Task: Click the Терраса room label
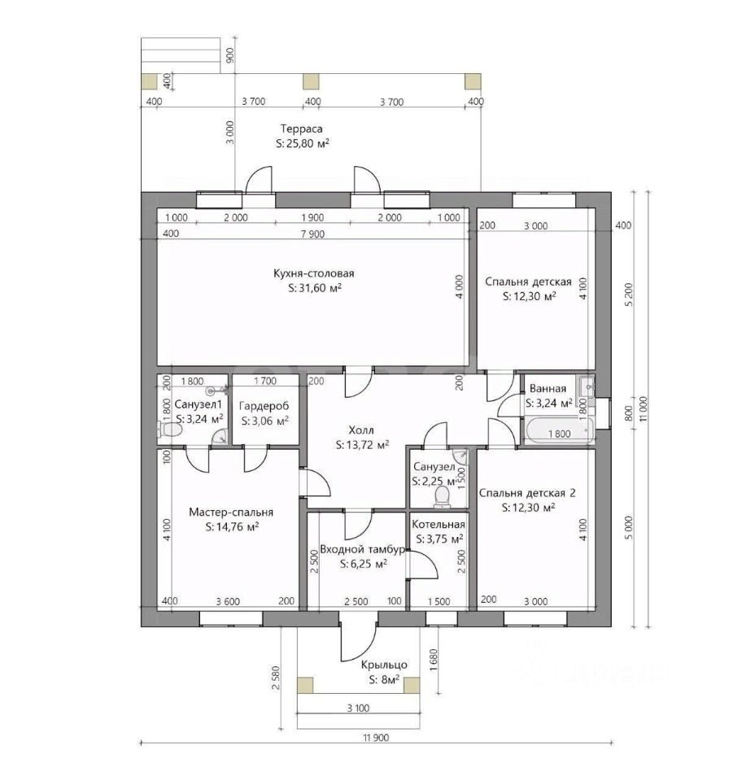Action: pyautogui.click(x=301, y=129)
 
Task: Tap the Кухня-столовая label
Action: pyautogui.click(x=314, y=273)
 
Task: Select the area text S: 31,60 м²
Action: pyautogui.click(x=315, y=288)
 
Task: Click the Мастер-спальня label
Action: pyautogui.click(x=231, y=512)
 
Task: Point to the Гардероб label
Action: pyautogui.click(x=264, y=406)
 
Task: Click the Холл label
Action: pyautogui.click(x=361, y=430)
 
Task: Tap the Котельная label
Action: pyautogui.click(x=439, y=525)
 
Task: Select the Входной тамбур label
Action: pyautogui.click(x=362, y=550)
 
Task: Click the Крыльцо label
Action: pyautogui.click(x=384, y=665)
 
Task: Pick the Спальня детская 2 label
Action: pyautogui.click(x=527, y=493)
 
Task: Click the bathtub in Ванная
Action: pyautogui.click(x=559, y=431)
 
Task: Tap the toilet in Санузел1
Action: pyautogui.click(x=170, y=429)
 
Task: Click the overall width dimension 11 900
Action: pyautogui.click(x=376, y=737)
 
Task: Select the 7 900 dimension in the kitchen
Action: pyautogui.click(x=312, y=234)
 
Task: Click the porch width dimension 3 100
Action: pyautogui.click(x=358, y=708)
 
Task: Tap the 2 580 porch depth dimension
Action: pyautogui.click(x=276, y=678)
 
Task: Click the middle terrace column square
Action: pyautogui.click(x=312, y=81)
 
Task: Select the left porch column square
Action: pyautogui.click(x=305, y=685)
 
